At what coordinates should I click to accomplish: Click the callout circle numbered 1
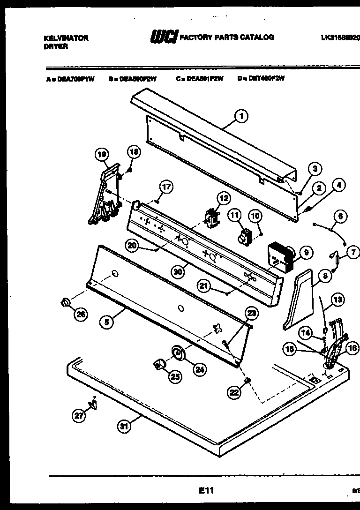(241, 116)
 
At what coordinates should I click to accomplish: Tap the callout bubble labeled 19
(102, 154)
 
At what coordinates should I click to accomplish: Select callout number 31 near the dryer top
(123, 426)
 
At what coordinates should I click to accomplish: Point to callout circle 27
(79, 414)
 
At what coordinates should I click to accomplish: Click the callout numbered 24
(200, 369)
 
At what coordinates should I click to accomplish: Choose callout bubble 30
(177, 271)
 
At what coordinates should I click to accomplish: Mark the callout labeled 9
(306, 253)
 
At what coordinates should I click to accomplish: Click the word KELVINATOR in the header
(65, 38)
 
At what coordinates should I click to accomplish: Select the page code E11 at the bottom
(206, 490)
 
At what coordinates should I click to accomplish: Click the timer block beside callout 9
(279, 257)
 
